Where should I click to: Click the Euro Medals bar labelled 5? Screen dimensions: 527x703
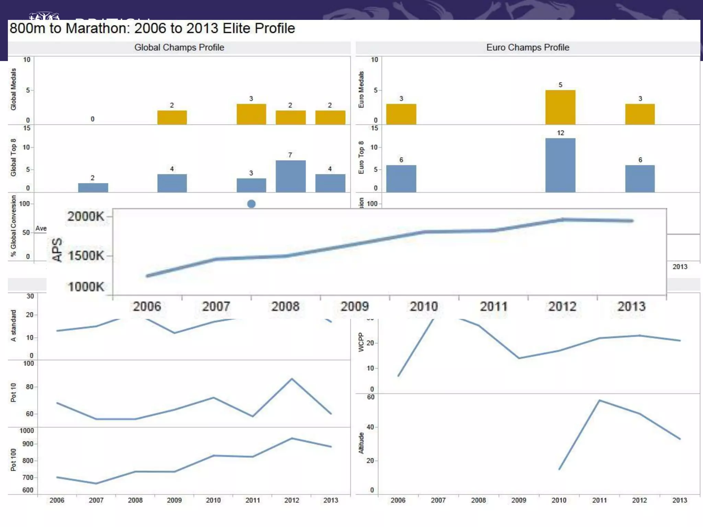[560, 107]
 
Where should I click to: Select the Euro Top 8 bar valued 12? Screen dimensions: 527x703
[560, 165]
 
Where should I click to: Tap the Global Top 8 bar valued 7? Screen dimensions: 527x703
[290, 176]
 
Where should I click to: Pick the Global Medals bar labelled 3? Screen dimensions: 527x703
[251, 114]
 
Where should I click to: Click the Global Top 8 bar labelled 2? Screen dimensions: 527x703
[93, 187]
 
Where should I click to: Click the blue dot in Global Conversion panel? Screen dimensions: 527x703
[251, 204]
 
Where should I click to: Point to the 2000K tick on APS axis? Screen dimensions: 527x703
[86, 216]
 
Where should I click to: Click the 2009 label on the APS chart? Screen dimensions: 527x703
[355, 306]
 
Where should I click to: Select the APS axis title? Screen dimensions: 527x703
[57, 250]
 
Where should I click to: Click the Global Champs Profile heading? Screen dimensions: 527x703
[179, 47]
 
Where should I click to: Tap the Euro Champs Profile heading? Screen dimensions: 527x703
[528, 47]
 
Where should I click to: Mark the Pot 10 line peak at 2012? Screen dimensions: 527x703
[292, 379]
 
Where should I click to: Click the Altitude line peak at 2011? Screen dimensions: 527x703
[599, 400]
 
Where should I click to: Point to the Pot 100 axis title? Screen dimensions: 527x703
[13, 460]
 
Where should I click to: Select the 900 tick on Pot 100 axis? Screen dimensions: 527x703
[28, 444]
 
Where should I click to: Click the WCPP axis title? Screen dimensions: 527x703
[361, 342]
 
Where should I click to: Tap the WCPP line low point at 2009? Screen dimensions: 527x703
[519, 358]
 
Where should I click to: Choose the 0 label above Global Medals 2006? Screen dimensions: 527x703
[92, 119]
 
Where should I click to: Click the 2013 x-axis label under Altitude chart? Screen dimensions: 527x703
[680, 500]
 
